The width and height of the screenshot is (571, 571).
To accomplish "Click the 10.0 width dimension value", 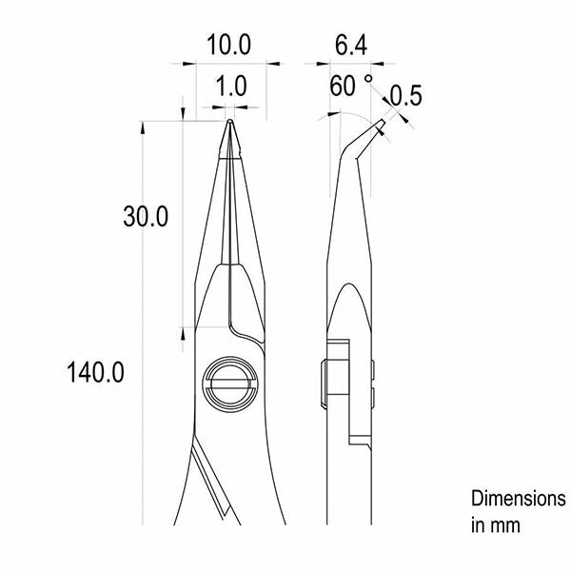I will point(229,44).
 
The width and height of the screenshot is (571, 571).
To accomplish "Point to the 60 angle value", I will point(344,87).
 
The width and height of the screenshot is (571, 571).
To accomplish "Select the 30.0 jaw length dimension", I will point(146,217).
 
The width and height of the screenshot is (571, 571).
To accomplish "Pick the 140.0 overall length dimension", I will point(96,371).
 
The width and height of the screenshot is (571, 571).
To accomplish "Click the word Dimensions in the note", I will point(518,499).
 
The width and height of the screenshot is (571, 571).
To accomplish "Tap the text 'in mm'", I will point(495,524).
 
